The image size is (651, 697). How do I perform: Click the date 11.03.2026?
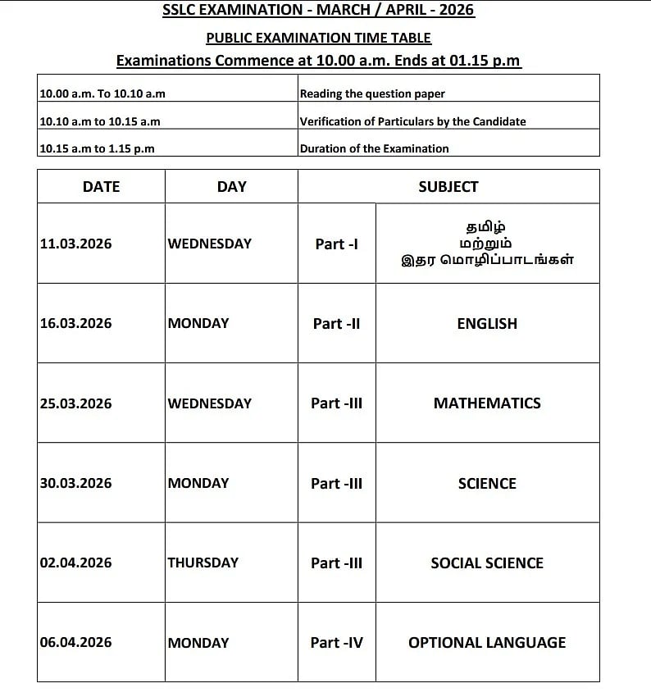(x=75, y=244)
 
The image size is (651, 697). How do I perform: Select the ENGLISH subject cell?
(x=487, y=324)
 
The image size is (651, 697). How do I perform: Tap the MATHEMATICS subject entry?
(x=487, y=403)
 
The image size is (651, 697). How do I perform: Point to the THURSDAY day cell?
(x=203, y=563)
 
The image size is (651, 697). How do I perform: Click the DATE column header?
(x=102, y=187)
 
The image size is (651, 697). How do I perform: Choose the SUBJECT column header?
(x=448, y=187)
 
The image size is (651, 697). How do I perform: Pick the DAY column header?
(x=231, y=187)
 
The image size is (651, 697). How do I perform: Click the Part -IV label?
(x=336, y=643)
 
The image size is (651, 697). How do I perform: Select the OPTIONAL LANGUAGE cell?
(x=487, y=643)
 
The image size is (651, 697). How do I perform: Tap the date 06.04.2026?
(x=75, y=643)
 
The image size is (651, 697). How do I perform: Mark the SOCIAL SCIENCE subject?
(x=487, y=563)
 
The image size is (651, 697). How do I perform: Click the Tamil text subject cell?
(x=487, y=244)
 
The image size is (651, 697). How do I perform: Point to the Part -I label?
(x=336, y=244)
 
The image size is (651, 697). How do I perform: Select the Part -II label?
(x=336, y=324)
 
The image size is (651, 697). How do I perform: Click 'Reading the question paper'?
(x=372, y=93)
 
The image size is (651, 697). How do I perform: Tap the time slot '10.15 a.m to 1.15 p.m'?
(x=97, y=148)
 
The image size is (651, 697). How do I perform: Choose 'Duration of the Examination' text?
(x=374, y=148)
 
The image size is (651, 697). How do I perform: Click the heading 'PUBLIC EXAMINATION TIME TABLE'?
(x=318, y=38)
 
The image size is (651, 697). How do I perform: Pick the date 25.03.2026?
(x=75, y=403)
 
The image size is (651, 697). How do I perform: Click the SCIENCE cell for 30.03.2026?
(x=487, y=484)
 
